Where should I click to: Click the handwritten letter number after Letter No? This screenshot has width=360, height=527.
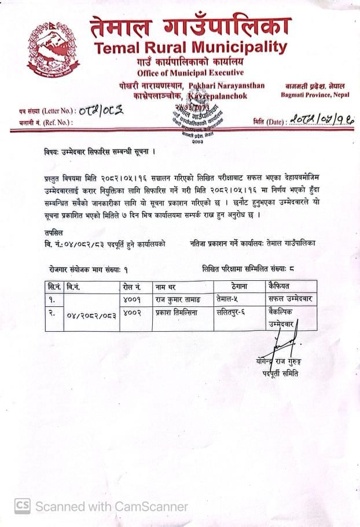coord(99,111)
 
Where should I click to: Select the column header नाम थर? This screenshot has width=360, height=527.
coord(168,287)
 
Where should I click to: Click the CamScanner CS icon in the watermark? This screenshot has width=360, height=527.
coord(22,506)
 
